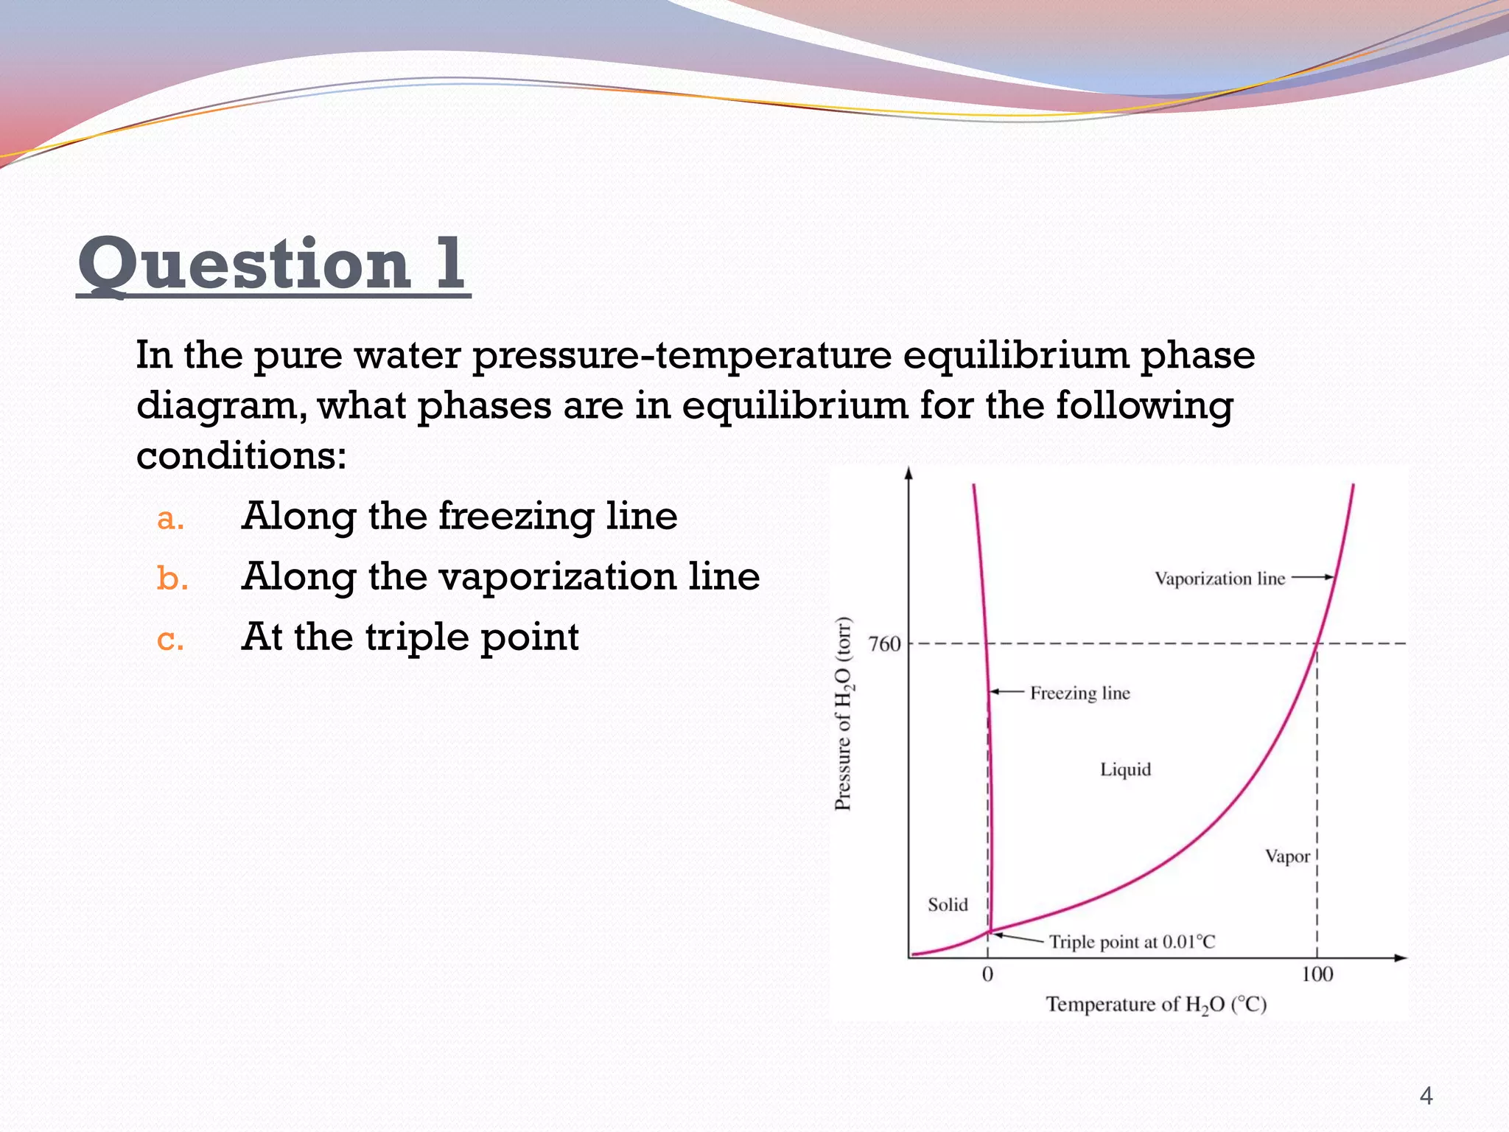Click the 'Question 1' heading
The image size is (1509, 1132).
273,264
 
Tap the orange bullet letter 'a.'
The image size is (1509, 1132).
170,519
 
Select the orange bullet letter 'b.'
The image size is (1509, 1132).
172,579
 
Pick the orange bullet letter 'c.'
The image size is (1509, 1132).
170,639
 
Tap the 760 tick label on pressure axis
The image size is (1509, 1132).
884,644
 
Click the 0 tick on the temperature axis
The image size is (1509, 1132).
987,974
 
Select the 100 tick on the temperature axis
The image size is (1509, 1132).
1317,974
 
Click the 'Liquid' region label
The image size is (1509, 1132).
1125,769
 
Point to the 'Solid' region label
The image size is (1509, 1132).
948,904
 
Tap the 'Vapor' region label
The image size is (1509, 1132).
1287,856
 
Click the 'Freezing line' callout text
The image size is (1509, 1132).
1079,693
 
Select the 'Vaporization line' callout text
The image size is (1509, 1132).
1219,579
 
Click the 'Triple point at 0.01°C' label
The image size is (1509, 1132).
1132,942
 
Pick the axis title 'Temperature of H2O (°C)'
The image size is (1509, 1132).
1156,1005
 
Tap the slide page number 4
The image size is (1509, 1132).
1426,1096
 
